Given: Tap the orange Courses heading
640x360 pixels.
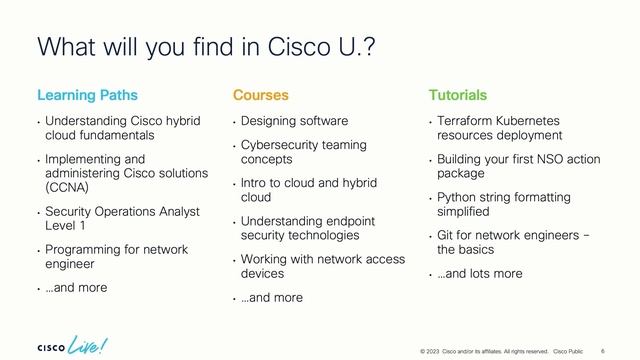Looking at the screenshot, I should [260, 96].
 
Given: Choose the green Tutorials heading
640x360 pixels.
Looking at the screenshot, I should [458, 96].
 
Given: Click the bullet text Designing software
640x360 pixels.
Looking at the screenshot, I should [294, 121].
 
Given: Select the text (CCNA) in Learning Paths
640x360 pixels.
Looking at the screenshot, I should [66, 185].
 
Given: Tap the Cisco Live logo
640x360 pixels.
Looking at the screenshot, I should [73, 344].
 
